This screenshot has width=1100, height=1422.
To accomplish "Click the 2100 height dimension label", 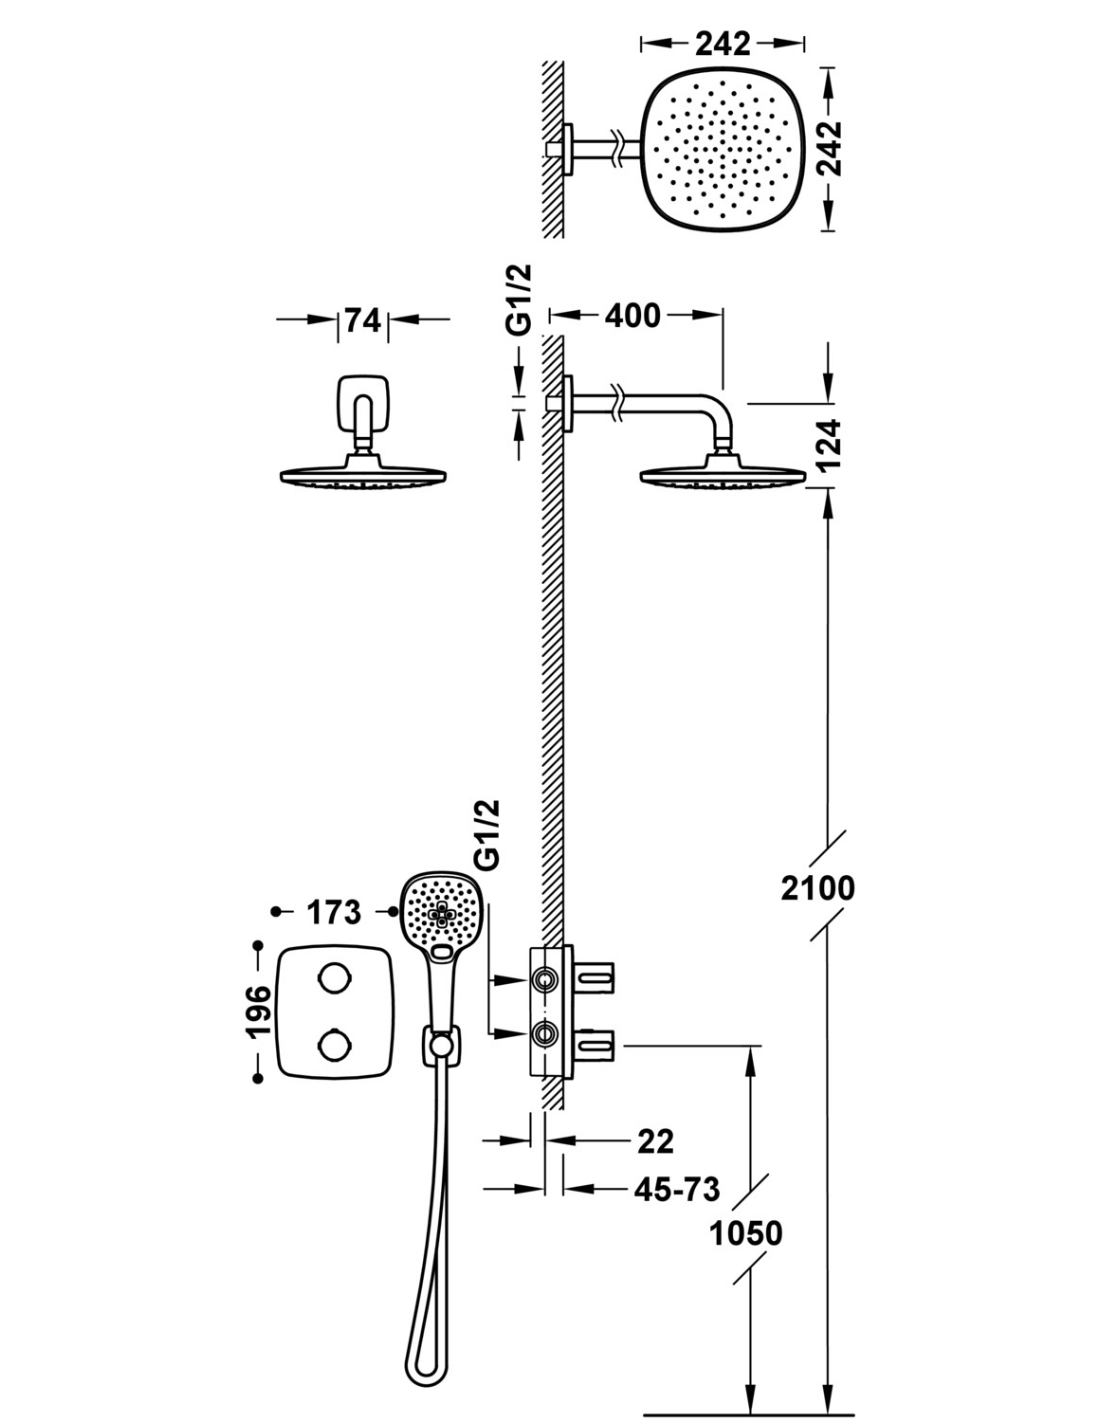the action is click(x=817, y=889).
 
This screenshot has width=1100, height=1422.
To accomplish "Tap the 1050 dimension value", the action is click(x=746, y=1234).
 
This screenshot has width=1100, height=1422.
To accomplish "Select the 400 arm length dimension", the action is click(x=632, y=316).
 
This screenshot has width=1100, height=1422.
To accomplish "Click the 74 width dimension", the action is click(x=363, y=320).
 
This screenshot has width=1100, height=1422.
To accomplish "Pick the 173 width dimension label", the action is click(x=334, y=912).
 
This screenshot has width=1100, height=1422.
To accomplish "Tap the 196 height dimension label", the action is click(x=258, y=1011).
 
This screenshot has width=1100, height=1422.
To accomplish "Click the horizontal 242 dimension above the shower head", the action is click(x=722, y=43).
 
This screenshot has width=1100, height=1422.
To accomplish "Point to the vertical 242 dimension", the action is click(x=829, y=149).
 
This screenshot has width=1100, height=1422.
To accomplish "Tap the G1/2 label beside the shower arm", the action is click(x=521, y=300).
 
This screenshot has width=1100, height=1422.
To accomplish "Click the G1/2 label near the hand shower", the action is click(x=488, y=835).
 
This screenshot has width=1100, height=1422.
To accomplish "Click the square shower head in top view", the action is click(x=723, y=149).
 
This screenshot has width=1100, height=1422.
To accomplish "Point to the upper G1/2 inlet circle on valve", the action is click(x=544, y=980).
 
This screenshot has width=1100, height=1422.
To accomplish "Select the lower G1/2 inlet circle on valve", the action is click(x=544, y=1033).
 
